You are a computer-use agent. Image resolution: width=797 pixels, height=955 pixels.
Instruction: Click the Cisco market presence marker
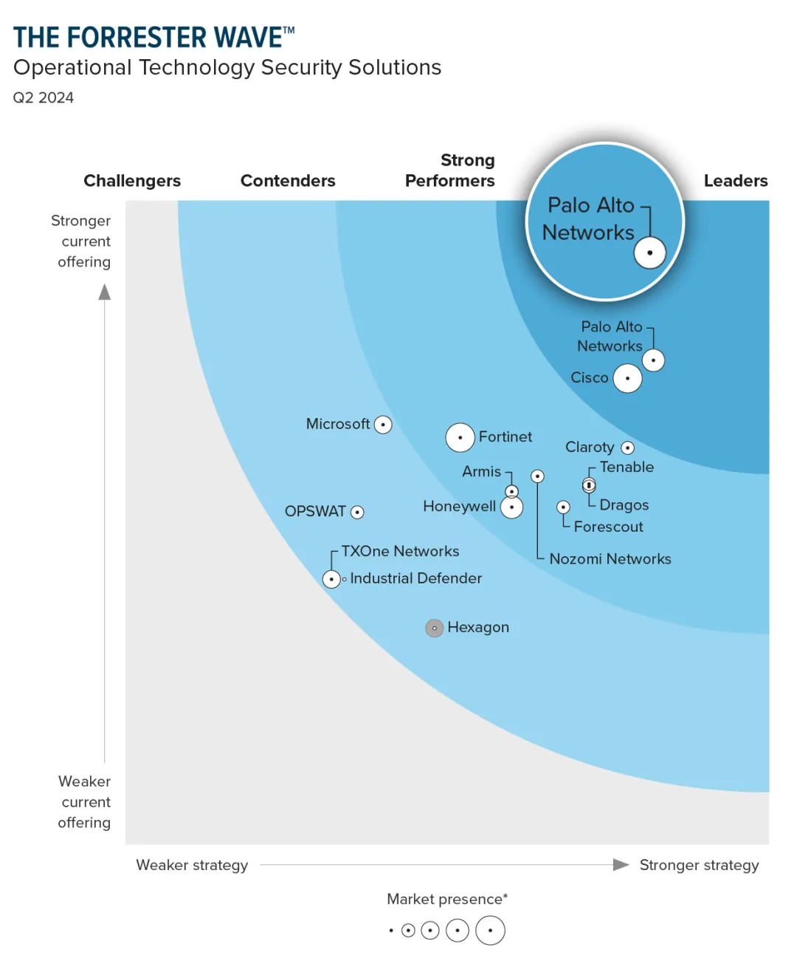pyautogui.click(x=627, y=378)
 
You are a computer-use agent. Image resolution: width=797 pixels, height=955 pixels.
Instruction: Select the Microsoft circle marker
pyautogui.click(x=383, y=425)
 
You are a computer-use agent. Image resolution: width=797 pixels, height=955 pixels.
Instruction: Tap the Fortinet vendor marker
pyautogui.click(x=460, y=438)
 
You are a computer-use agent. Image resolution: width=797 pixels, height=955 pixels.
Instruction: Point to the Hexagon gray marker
pyautogui.click(x=435, y=629)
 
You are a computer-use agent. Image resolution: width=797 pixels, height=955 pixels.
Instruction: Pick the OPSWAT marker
pyautogui.click(x=357, y=512)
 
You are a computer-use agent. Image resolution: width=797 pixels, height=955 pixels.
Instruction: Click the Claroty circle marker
pyautogui.click(x=628, y=448)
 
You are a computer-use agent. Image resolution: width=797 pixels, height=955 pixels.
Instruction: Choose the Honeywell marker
pyautogui.click(x=511, y=507)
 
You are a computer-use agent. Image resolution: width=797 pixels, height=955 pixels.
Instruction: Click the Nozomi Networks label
pyautogui.click(x=610, y=559)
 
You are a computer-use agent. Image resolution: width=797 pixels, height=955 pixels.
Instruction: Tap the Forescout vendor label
pyautogui.click(x=608, y=527)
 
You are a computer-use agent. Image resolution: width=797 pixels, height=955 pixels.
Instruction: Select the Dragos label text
pyautogui.click(x=624, y=505)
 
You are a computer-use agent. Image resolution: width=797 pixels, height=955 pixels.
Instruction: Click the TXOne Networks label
pyautogui.click(x=400, y=551)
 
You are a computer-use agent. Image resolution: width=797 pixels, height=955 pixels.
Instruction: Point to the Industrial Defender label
pyautogui.click(x=415, y=578)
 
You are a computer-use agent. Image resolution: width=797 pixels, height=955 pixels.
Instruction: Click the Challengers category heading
pyautogui.click(x=132, y=181)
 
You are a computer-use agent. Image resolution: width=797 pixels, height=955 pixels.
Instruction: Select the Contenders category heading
pyautogui.click(x=288, y=181)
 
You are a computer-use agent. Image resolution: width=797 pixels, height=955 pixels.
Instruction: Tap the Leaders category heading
pyautogui.click(x=735, y=181)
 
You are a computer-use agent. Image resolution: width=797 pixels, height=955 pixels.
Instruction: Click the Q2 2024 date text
pyautogui.click(x=44, y=97)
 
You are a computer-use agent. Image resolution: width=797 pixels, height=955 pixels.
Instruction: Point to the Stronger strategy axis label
pyautogui.click(x=699, y=865)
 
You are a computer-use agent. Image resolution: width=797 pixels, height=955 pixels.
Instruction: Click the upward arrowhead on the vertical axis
pyautogui.click(x=105, y=292)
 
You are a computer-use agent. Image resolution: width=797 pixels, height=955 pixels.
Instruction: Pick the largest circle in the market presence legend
pyautogui.click(x=490, y=931)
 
